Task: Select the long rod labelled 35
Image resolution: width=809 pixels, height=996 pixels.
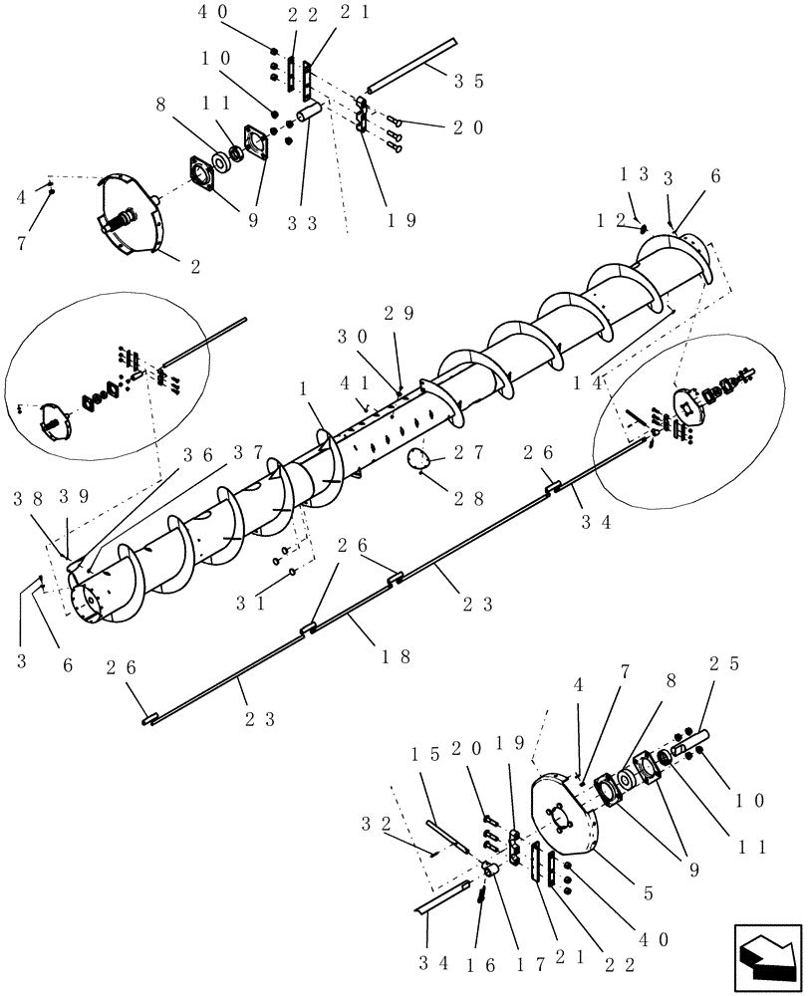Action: [x=408, y=65]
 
